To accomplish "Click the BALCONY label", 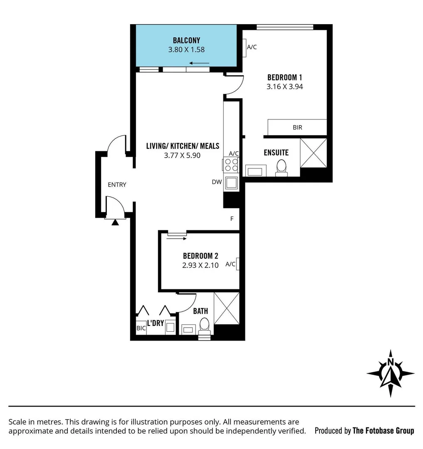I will point(186,40).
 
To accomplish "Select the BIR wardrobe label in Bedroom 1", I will point(297,128).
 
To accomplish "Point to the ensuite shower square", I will point(314,153).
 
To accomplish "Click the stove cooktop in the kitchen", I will point(231,165).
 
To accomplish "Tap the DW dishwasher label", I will point(217,182).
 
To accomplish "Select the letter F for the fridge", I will point(232,219).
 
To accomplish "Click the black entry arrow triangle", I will point(115,222).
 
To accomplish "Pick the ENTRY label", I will point(117,185).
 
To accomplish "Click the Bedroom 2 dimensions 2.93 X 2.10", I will point(200,265).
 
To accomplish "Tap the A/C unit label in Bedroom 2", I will point(230,264).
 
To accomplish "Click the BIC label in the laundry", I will point(141,328).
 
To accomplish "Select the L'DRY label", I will point(156,323).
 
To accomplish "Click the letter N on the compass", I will point(391,362).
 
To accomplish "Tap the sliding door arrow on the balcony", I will point(199,63).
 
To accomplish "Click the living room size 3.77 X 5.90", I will point(183,155).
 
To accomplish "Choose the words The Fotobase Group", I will point(383,431).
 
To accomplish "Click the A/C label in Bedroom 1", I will point(252,47).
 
